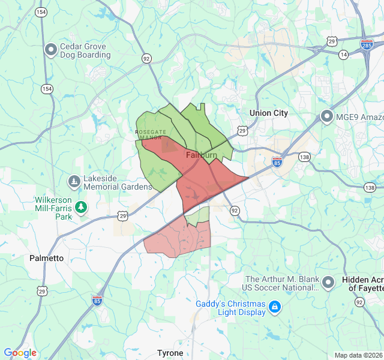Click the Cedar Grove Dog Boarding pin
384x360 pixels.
pos(52,49)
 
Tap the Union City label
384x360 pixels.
pos(269,113)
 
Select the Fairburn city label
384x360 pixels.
pos(201,155)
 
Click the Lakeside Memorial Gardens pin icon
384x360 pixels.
pos(74,181)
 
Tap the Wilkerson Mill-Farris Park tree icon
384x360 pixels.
pos(81,207)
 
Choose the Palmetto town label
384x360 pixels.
pos(46,258)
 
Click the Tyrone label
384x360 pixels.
pos(170,353)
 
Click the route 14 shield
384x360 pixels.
pos(343,55)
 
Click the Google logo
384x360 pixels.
pos(20,353)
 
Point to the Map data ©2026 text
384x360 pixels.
pos(358,355)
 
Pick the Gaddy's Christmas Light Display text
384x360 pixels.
pos(230,308)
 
